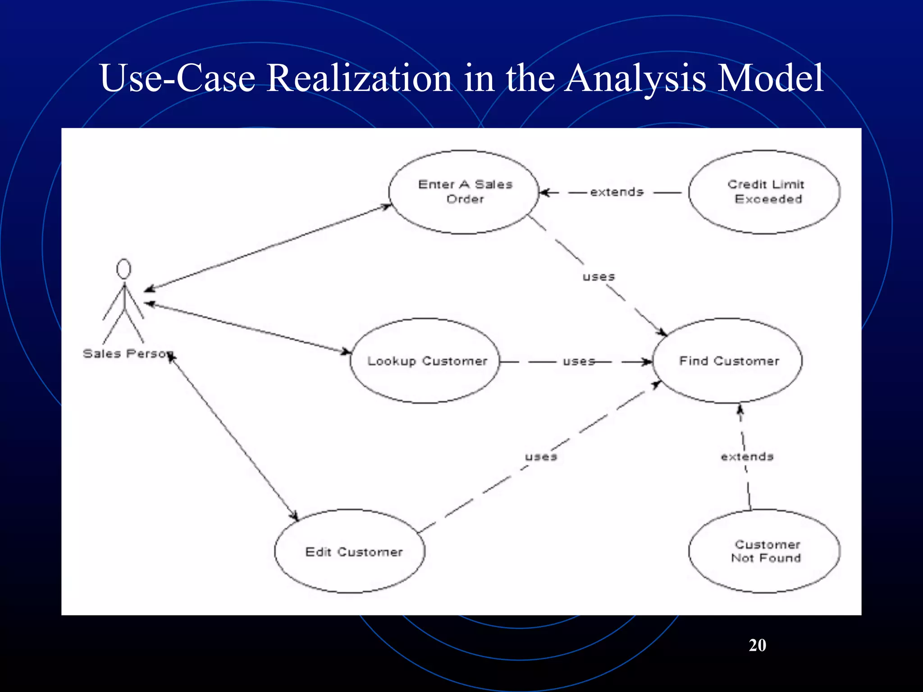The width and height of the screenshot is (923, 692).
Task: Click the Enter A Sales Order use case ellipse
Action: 464,192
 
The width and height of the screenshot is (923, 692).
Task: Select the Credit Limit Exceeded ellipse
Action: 764,192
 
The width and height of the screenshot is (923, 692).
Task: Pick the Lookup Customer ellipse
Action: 425,360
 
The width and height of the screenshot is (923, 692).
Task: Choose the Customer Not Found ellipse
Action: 764,551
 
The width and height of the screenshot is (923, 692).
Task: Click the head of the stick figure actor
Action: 123,269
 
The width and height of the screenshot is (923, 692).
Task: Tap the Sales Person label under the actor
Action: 126,354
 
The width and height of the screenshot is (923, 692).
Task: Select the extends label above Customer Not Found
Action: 747,457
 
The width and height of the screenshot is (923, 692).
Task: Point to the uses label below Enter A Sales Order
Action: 599,277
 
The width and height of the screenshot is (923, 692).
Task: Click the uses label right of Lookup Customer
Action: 578,361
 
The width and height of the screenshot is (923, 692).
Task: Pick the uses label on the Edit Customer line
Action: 541,457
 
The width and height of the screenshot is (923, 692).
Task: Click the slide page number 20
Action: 757,645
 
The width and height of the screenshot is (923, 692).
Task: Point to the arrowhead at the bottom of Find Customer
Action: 740,409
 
